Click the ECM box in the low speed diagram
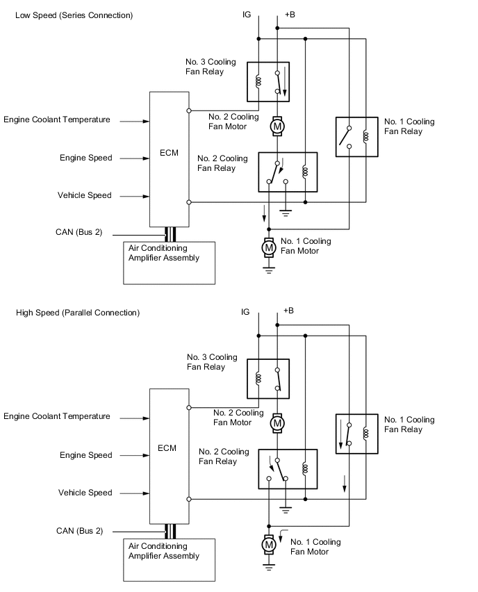pos(169,158)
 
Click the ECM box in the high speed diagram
pos(169,456)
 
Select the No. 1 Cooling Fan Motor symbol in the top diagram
pos(268,247)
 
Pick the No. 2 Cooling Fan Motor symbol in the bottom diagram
pos(277,422)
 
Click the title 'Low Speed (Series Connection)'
pos(74,15)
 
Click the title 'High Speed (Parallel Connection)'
pos(78,313)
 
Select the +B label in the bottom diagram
pos(290,311)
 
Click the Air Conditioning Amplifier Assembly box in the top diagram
pos(170,262)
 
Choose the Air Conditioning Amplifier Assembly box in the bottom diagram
pos(170,560)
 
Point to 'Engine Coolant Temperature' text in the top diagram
pos(57,120)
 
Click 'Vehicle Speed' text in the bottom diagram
pos(85,493)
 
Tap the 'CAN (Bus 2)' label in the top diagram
pos(79,232)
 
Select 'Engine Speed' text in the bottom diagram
pos(86,455)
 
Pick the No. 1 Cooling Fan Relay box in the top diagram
pos(356,137)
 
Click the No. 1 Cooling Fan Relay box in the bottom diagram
pos(356,434)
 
